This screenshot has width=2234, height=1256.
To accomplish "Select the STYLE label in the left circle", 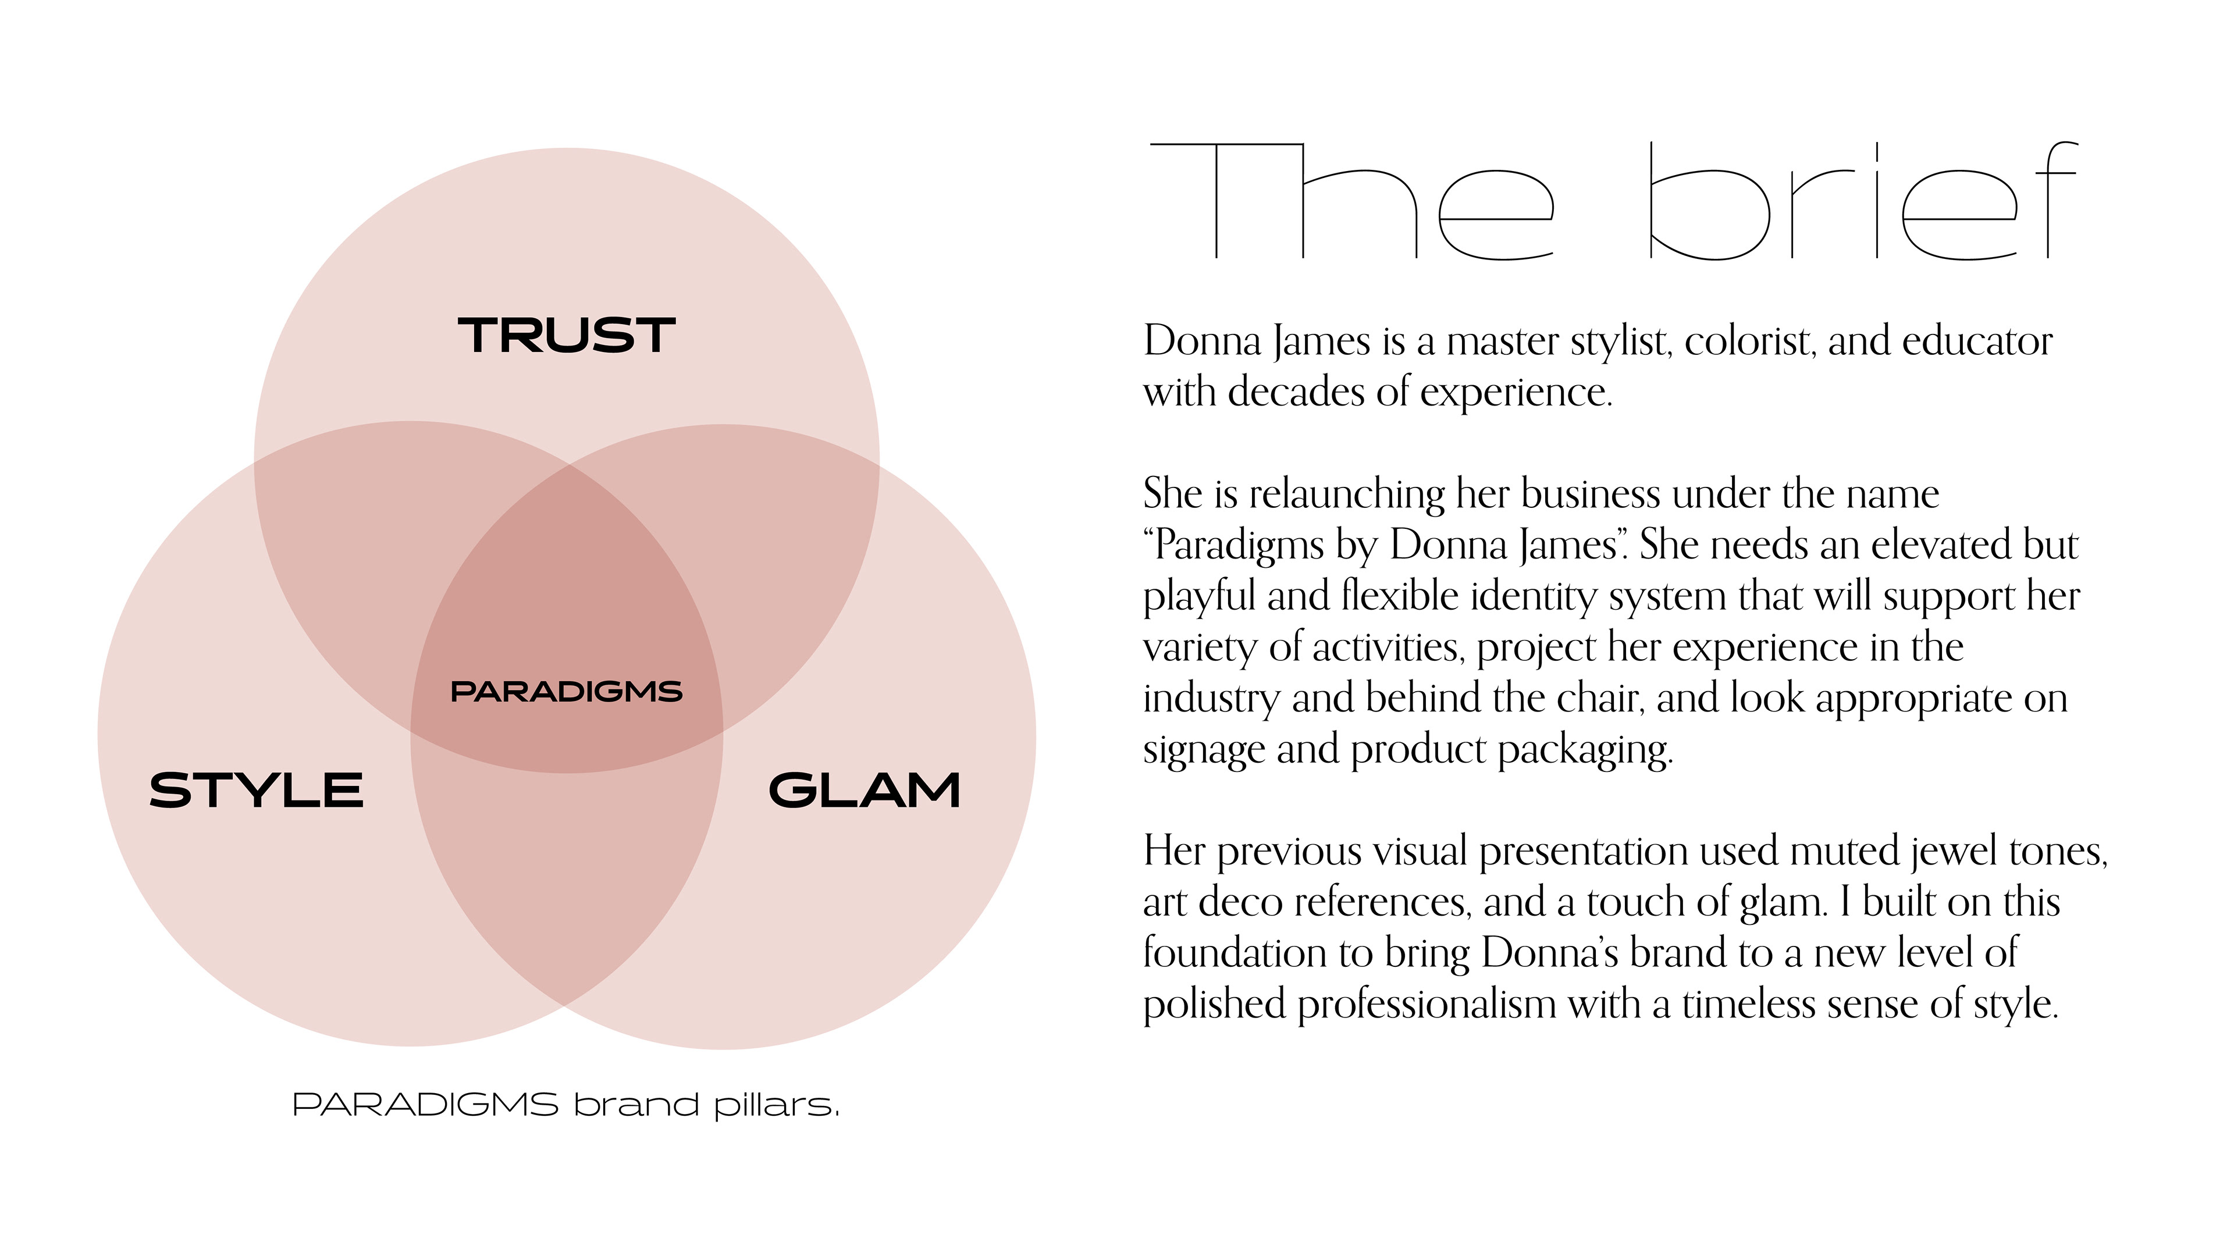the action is (256, 790).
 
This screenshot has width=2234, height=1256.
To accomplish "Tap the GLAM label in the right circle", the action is (865, 790).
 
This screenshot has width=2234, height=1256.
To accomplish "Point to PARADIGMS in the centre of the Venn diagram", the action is (566, 691).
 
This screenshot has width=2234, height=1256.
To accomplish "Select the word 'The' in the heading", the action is (1351, 201).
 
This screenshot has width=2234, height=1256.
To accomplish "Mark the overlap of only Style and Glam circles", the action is (566, 876).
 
